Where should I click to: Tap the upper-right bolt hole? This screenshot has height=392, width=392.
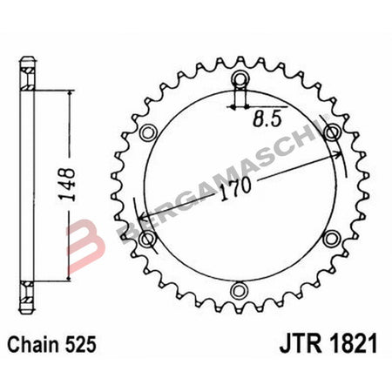coord(330,133)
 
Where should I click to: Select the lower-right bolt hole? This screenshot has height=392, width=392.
coord(330,238)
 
